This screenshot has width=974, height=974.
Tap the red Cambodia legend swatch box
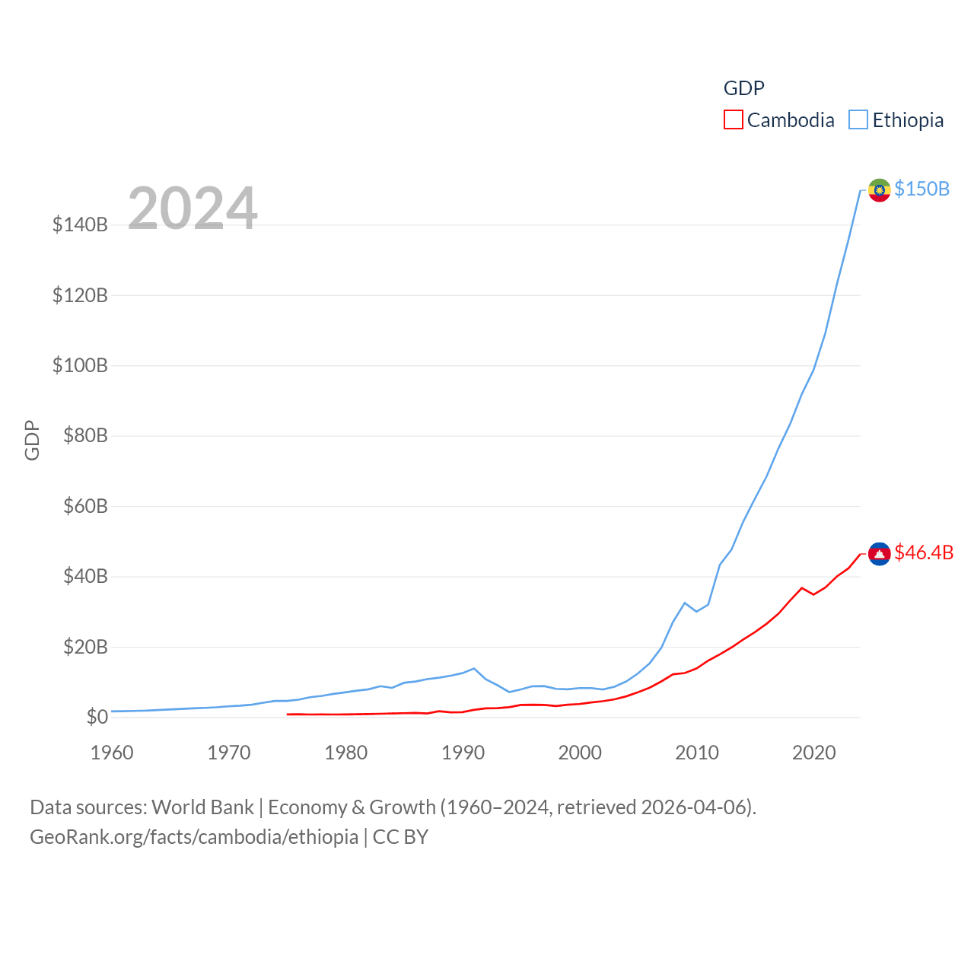(x=733, y=120)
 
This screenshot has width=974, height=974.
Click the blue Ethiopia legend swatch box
(x=858, y=120)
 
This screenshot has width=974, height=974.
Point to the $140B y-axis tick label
(x=80, y=224)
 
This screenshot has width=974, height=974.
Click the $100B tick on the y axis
(x=80, y=365)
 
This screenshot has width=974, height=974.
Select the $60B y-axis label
(x=85, y=506)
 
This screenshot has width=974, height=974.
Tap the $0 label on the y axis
(x=97, y=717)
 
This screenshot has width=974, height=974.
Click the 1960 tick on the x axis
(x=112, y=753)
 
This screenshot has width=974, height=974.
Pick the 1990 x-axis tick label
(x=463, y=753)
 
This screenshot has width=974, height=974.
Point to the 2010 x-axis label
(x=697, y=753)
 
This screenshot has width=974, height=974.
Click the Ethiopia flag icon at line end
(x=879, y=190)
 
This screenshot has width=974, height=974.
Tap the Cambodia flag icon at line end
(x=879, y=554)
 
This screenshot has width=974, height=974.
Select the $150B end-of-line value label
(x=921, y=189)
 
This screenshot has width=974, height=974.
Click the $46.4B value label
(x=924, y=552)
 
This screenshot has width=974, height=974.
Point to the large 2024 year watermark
(x=193, y=208)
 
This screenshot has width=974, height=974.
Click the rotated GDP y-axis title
(x=32, y=440)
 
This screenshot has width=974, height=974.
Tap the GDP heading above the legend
(x=743, y=88)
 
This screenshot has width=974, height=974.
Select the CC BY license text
(x=400, y=837)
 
